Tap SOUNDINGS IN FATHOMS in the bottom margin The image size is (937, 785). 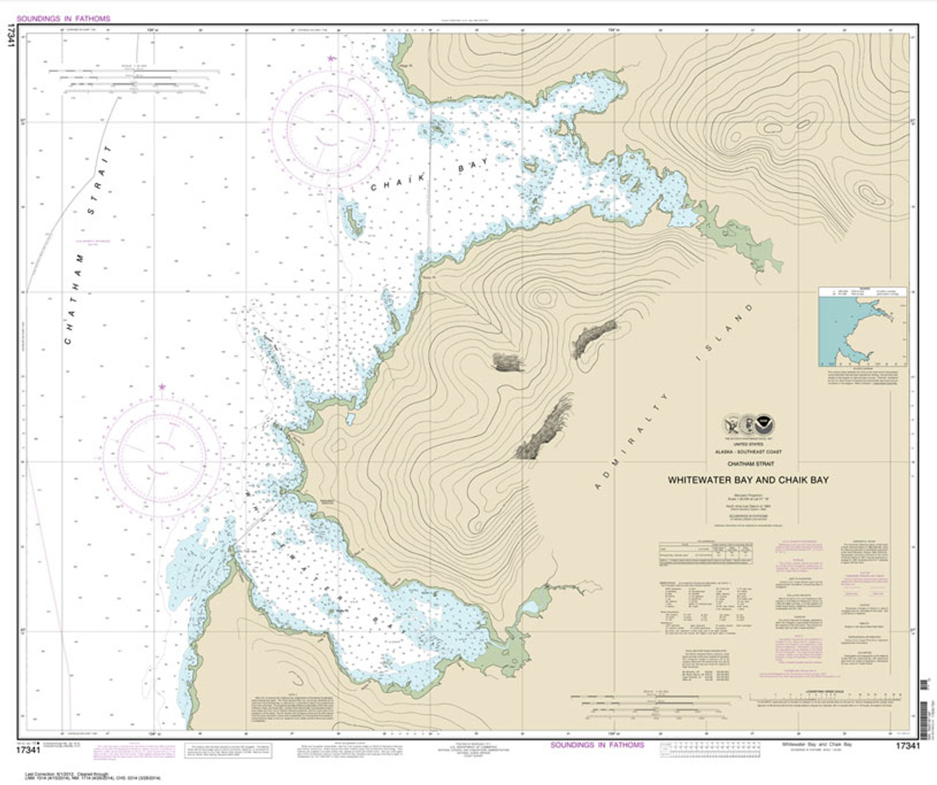597,745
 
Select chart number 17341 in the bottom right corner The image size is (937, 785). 907,745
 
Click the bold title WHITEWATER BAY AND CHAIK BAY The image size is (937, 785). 747,481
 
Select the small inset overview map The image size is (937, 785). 862,327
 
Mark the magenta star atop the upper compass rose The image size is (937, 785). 331,58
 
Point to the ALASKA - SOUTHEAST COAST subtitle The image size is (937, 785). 747,452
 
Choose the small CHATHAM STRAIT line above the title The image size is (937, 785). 747,464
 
